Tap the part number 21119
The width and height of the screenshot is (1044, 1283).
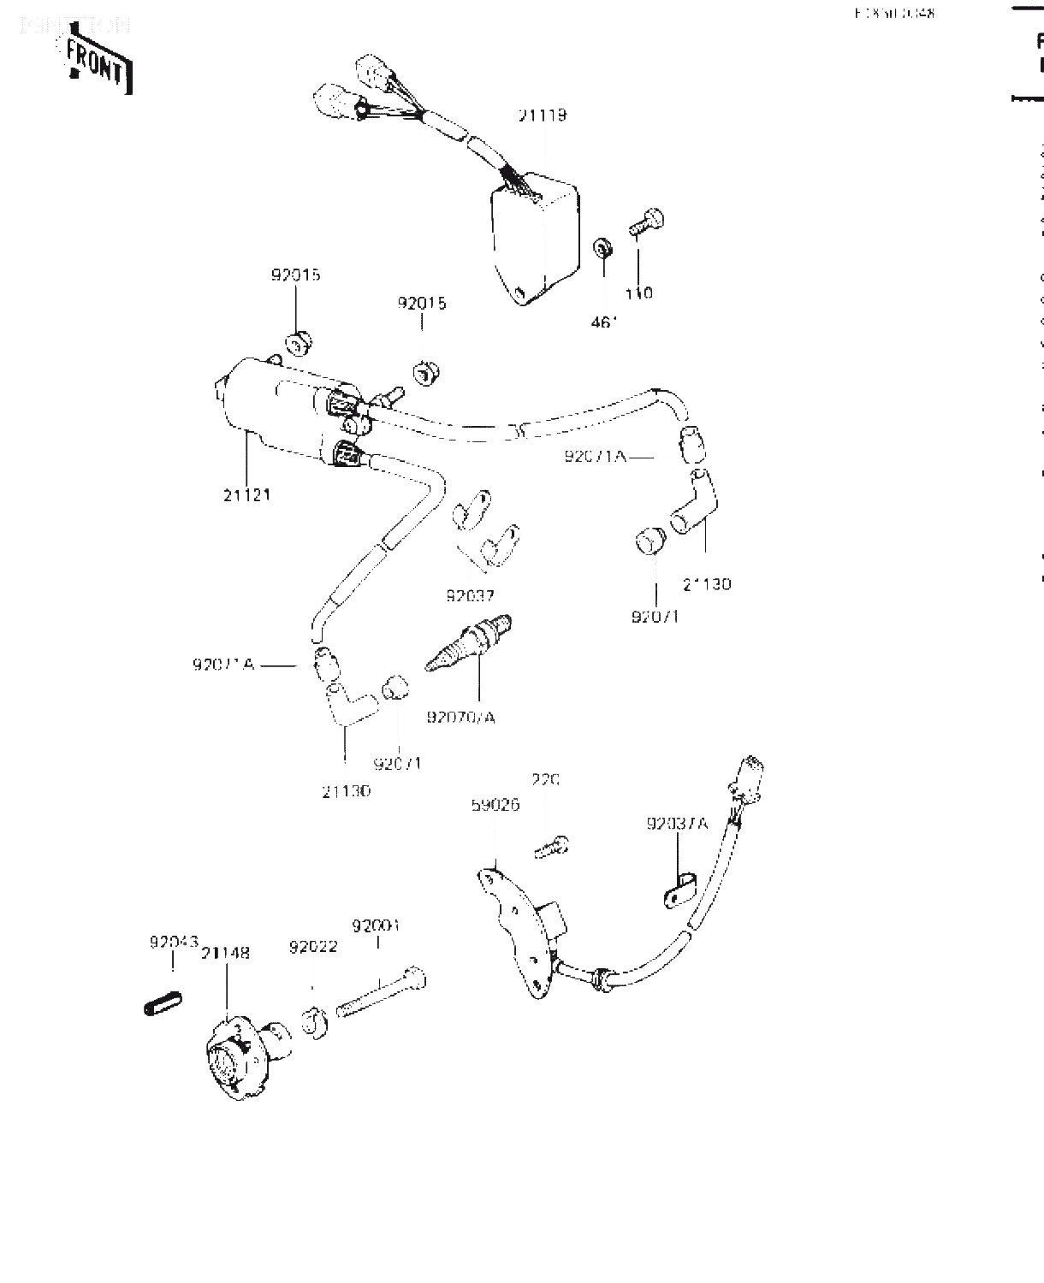(x=542, y=115)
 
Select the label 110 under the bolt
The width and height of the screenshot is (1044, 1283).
(x=638, y=293)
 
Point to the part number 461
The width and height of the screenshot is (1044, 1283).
(x=604, y=323)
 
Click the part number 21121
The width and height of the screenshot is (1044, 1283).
(x=247, y=494)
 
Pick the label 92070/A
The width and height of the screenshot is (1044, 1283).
(x=461, y=717)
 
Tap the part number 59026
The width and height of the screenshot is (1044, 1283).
(x=495, y=806)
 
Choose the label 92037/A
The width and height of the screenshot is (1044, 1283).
(x=678, y=824)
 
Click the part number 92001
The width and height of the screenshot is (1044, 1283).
(x=377, y=925)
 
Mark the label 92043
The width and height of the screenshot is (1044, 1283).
(x=174, y=943)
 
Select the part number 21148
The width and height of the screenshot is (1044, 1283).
(x=226, y=953)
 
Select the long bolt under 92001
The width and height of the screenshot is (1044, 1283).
(x=382, y=993)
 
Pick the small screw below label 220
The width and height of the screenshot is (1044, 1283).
(x=549, y=847)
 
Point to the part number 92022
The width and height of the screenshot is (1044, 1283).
(x=313, y=947)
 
